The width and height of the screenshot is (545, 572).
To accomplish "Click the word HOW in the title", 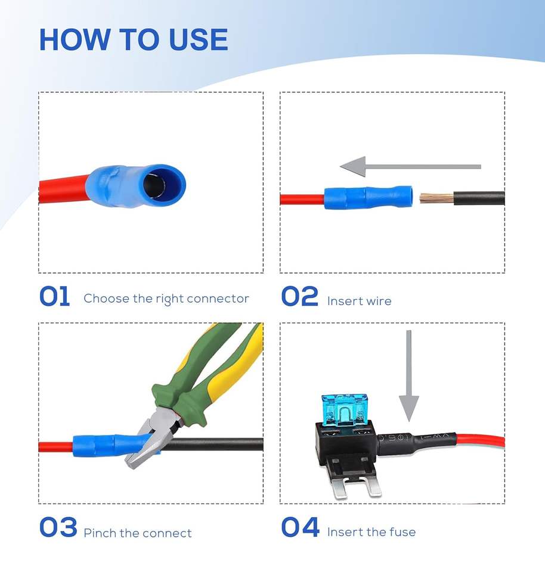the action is click(x=75, y=39).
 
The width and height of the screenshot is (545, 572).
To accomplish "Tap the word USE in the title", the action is click(x=199, y=39).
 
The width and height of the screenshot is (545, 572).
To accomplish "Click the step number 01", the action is click(x=55, y=296).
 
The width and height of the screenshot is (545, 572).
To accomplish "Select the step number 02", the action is click(x=300, y=296).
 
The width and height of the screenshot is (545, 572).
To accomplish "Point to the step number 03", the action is click(x=58, y=527).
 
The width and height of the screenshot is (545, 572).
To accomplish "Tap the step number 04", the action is click(x=301, y=527).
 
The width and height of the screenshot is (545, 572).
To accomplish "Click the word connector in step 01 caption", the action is click(x=218, y=299).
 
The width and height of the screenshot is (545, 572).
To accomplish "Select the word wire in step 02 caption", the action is click(x=379, y=301).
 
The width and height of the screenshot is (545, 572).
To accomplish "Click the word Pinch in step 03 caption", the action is click(x=100, y=533).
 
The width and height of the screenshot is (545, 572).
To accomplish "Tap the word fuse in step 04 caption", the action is click(x=402, y=532).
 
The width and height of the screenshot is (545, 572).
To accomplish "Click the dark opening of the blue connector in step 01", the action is click(x=154, y=184).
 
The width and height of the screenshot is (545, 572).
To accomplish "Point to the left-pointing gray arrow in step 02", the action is click(x=410, y=167).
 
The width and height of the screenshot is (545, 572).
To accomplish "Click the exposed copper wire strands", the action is click(x=436, y=198).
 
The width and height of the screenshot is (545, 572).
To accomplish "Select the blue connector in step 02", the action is click(x=369, y=197).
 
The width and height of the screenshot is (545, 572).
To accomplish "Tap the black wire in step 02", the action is click(x=479, y=198).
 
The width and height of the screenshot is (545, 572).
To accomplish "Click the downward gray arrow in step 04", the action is click(x=409, y=376).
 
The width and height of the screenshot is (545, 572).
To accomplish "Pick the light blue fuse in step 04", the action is click(x=344, y=410).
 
